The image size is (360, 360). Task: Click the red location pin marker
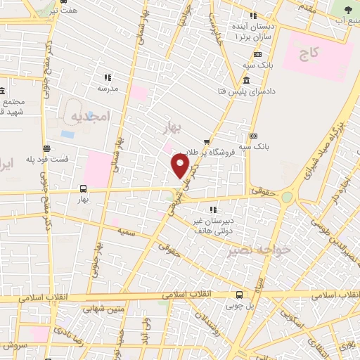pyautogui.click(x=181, y=166)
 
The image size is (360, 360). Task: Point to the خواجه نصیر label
pyautogui.click(x=245, y=250)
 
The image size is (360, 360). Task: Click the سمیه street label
pyautogui.click(x=126, y=231)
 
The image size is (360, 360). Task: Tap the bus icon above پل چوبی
pyautogui.click(x=240, y=295)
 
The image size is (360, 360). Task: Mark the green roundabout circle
pyautogui.click(x=285, y=198)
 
